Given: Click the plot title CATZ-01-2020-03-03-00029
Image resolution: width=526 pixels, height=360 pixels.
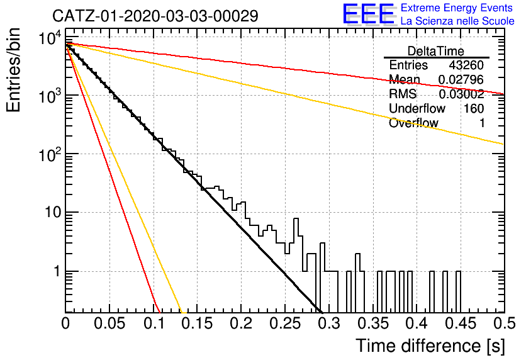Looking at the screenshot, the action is [155, 16].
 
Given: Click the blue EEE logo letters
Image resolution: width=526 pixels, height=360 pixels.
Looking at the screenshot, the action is [368, 14].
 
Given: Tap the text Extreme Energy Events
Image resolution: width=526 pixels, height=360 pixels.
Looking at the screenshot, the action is [457, 8].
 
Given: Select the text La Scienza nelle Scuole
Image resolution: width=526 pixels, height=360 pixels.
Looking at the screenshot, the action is [457, 21].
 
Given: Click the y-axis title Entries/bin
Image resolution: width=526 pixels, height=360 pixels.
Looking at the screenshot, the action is [13, 70].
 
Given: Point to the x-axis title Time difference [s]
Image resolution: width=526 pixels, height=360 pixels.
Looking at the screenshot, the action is [430, 346].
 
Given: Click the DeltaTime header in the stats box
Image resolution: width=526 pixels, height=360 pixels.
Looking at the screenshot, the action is [436, 51].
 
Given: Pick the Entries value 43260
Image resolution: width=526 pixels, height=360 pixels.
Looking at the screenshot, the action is [466, 65].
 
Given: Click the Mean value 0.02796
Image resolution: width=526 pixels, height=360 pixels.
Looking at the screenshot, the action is [461, 79].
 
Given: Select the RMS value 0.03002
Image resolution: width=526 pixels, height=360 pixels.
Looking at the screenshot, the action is [461, 94].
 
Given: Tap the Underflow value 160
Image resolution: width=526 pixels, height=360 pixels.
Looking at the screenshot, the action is [474, 108].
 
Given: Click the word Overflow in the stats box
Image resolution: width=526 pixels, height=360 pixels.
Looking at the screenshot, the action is [413, 123].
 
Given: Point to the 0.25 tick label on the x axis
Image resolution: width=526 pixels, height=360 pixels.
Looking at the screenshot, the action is [285, 323].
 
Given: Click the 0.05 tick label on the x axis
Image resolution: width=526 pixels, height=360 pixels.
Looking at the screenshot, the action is [109, 323].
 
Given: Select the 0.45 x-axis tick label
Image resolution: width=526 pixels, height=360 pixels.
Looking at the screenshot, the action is [461, 323].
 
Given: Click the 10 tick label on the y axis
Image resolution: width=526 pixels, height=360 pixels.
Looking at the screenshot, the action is [53, 212].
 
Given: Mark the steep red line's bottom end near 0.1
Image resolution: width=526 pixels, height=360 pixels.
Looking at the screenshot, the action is [159, 312].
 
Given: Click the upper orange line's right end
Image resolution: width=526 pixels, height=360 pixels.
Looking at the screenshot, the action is [504, 144].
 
